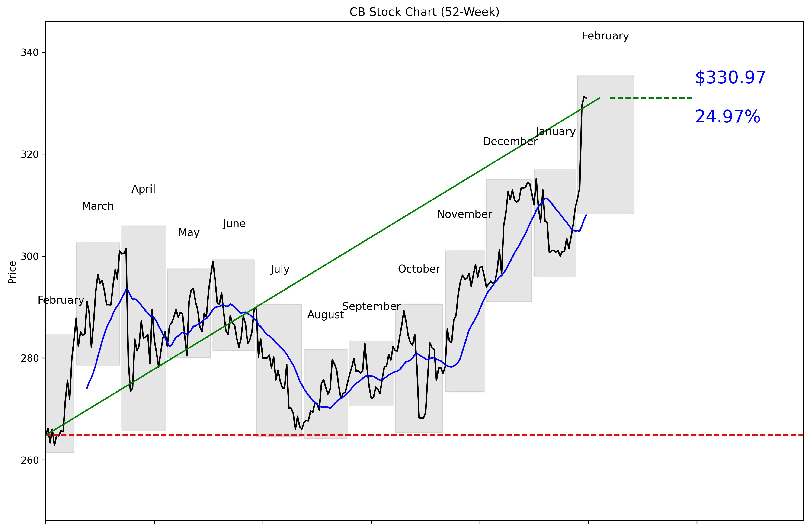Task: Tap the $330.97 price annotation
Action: pos(730,78)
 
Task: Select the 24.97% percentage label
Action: pos(727,117)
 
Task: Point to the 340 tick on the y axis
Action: pos(30,53)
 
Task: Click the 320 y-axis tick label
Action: pos(30,154)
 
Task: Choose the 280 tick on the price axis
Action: pos(30,358)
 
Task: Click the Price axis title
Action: pos(12,272)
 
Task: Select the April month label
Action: pos(143,189)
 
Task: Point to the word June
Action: pos(234,224)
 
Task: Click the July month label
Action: pos(280,269)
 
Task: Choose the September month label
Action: pos(371,306)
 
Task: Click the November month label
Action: pos(464,214)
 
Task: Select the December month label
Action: pos(510,142)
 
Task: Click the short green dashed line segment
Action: pos(652,98)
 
